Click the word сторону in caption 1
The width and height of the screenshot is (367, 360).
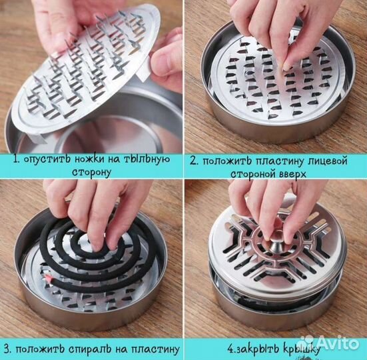[x=91, y=173]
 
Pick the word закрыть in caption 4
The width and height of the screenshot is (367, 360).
[x=254, y=349]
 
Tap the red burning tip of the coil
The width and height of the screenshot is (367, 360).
[x=49, y=278]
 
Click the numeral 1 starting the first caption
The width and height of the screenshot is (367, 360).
[x=15, y=160]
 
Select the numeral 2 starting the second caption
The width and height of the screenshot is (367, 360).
[x=193, y=161]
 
